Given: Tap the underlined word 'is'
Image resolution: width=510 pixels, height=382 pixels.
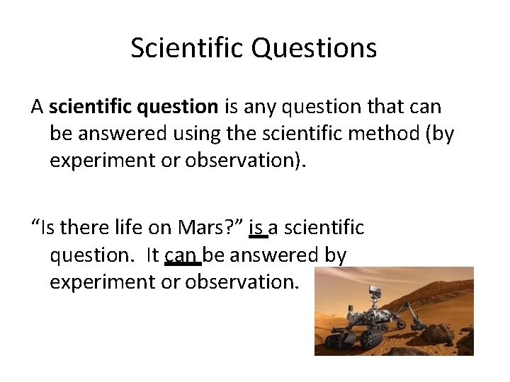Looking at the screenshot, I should click(x=258, y=228).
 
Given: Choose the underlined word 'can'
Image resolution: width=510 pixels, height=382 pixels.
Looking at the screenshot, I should click(x=183, y=255).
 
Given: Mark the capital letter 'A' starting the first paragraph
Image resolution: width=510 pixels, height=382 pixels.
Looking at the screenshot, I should click(x=38, y=107).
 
